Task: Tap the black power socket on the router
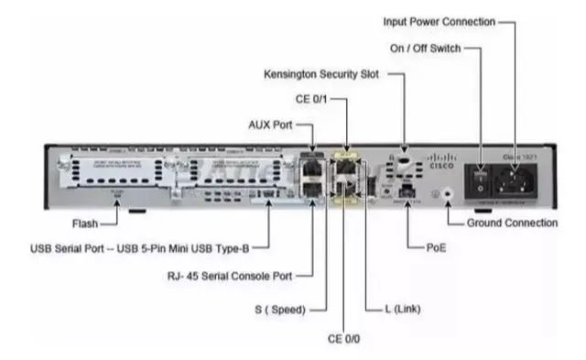[x=514, y=180]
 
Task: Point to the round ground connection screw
[x=448, y=194]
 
